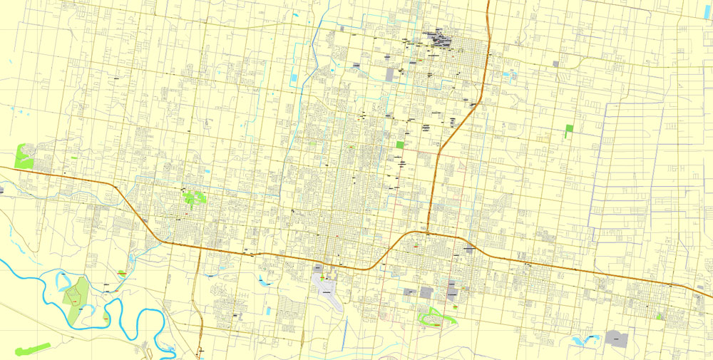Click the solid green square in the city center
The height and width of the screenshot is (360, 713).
400,145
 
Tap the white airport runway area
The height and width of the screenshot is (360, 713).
326,286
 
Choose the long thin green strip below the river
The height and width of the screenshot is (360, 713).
31,349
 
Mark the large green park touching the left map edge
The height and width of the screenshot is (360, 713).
24,155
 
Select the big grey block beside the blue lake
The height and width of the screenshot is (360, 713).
615,339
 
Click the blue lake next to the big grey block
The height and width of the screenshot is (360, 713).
591,339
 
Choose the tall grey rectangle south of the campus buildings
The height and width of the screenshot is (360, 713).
390,74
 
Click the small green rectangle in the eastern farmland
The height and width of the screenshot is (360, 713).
569,131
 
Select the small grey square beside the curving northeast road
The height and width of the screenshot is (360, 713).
555,64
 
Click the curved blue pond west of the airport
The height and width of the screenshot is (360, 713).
265,279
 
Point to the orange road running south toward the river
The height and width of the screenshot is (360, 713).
201,299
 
